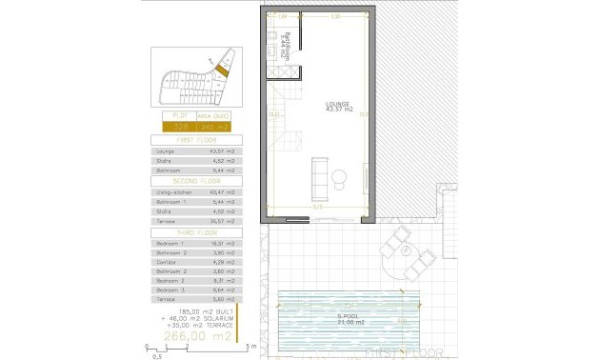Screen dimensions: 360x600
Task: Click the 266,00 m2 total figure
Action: coord(196,336)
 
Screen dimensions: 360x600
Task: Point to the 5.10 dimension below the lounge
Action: coord(318,207)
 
